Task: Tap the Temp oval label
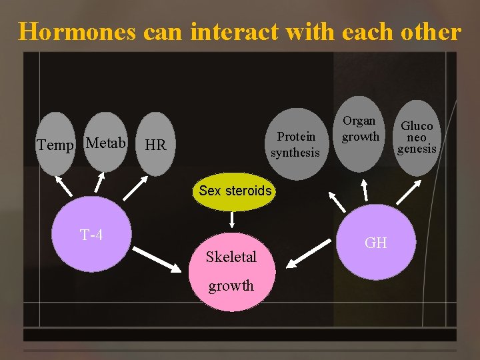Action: (x=55, y=145)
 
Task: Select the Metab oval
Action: (x=106, y=142)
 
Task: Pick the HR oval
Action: (x=155, y=145)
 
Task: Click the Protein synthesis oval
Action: (x=295, y=144)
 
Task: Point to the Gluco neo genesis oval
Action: (x=417, y=137)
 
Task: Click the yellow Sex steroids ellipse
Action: (x=235, y=191)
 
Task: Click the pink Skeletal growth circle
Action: (x=231, y=271)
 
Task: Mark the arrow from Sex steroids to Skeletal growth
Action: (x=232, y=220)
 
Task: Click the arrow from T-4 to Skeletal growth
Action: (x=157, y=259)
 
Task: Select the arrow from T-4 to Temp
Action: (x=63, y=184)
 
